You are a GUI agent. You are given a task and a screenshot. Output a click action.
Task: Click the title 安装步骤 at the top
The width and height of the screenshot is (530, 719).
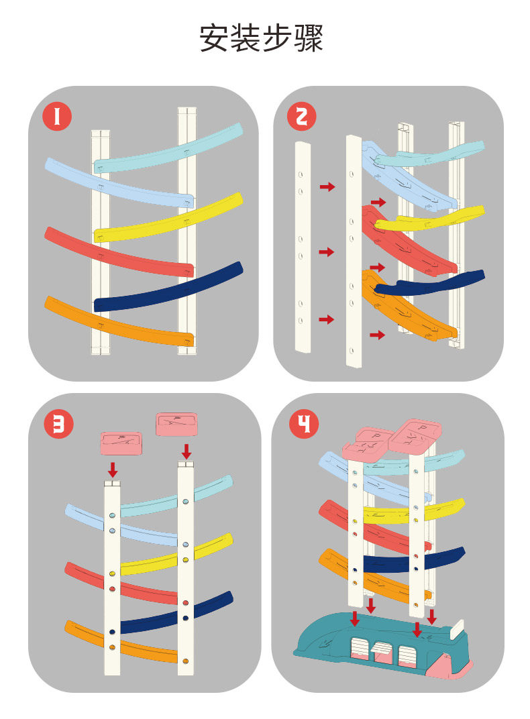coord(262,38)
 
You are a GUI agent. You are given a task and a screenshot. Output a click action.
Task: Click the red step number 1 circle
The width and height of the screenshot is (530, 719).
coord(57,117)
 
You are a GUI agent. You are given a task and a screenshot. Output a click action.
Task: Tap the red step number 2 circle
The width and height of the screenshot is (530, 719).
coord(301,117)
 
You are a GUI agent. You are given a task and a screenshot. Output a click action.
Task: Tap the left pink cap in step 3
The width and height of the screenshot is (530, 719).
coord(121,443)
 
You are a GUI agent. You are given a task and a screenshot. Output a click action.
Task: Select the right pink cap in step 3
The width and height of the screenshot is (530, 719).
coord(176,424)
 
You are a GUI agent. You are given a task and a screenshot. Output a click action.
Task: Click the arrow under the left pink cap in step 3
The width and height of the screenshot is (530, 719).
coord(113,468)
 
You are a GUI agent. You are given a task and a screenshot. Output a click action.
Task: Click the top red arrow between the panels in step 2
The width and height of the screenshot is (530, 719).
coord(327,186)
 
